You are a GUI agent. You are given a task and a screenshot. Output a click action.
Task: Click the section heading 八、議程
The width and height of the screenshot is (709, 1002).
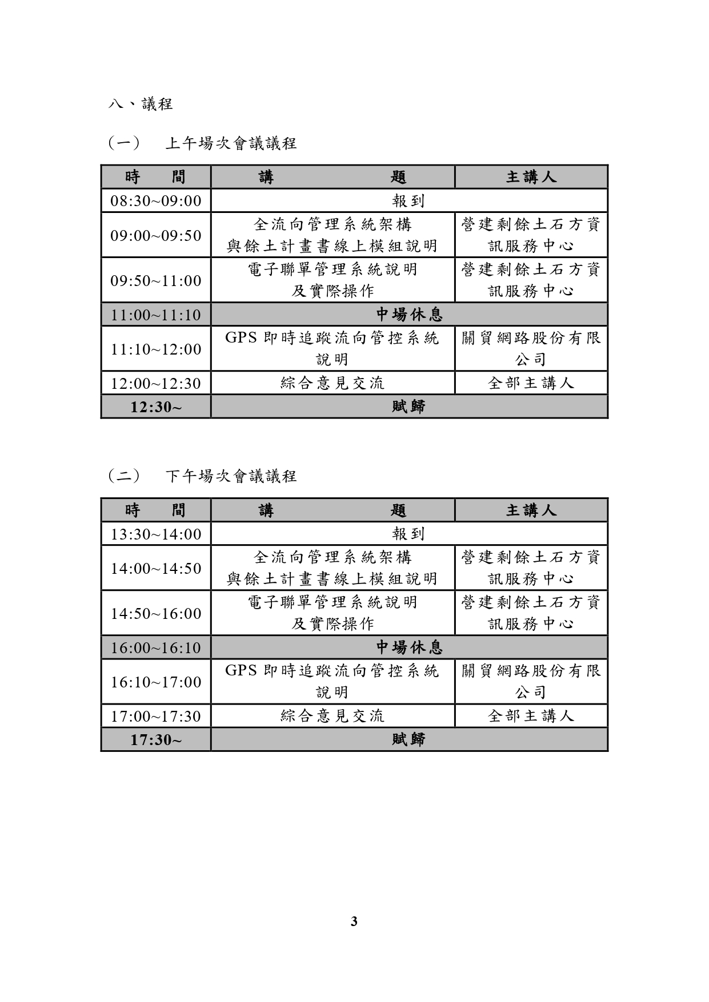pos(141,104)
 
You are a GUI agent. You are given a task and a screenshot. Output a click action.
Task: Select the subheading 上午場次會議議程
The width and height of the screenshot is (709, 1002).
pos(230,143)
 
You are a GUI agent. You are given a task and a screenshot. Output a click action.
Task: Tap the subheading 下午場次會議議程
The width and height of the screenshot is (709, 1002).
pos(230,476)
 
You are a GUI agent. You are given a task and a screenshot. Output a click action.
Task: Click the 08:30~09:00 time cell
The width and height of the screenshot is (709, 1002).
pos(156,201)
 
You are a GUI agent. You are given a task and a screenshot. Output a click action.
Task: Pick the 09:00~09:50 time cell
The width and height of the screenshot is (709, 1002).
pos(156,235)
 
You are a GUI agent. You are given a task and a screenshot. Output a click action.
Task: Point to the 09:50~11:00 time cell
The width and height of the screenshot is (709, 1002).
pos(156,280)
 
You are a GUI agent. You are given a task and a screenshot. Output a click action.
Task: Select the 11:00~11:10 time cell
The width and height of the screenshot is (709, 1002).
pos(156,315)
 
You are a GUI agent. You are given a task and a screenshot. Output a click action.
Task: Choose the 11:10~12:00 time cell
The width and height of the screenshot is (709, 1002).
pos(156,349)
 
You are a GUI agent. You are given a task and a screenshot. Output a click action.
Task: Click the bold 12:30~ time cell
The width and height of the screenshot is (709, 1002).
pos(156,407)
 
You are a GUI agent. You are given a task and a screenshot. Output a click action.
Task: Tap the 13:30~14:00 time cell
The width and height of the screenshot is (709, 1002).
pos(156,534)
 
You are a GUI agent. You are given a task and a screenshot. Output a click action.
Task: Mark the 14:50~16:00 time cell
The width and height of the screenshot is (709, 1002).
pos(156,613)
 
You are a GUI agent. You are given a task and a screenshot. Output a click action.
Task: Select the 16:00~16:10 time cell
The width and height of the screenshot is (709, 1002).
pos(156,647)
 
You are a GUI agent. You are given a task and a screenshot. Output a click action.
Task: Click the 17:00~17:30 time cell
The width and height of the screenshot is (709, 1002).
pos(156,716)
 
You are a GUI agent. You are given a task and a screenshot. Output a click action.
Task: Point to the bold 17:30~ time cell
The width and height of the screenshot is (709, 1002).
pos(156,739)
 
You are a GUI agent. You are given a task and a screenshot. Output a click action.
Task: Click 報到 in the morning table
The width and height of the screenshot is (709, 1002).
pos(408,201)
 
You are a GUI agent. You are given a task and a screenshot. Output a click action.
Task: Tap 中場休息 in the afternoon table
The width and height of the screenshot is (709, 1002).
pos(408,647)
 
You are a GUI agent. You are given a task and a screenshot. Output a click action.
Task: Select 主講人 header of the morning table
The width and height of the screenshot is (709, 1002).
pos(531,177)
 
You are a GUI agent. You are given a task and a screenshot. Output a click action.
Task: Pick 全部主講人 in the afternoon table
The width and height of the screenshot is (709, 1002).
pos(531,716)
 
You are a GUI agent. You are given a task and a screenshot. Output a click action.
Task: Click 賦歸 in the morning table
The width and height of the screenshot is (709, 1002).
pos(408,407)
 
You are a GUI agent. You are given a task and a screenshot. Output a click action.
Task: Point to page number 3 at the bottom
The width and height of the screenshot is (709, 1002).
pos(354,921)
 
